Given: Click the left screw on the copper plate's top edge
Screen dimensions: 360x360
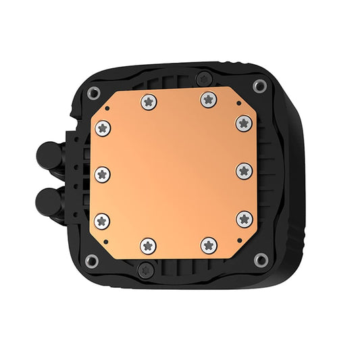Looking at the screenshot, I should click(148, 101).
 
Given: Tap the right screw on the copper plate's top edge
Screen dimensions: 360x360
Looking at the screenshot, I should click(207, 100).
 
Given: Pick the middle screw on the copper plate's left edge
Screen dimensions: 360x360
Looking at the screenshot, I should click(103, 174).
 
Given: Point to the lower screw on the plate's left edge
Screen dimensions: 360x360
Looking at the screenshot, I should click(103, 218).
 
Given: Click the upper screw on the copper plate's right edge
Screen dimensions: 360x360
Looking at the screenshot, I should click(244, 122).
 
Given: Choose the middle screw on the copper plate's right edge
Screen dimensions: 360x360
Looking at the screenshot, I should click(244, 170).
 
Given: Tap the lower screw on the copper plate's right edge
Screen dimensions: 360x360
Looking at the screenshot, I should click(244, 217).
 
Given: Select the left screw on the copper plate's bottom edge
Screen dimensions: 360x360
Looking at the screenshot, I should click(148, 246).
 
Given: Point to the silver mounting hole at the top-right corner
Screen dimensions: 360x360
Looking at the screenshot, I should click(259, 86).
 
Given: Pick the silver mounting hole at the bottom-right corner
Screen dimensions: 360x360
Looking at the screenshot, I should click(259, 258).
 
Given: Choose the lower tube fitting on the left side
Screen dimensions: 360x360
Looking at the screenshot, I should click(47, 200).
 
